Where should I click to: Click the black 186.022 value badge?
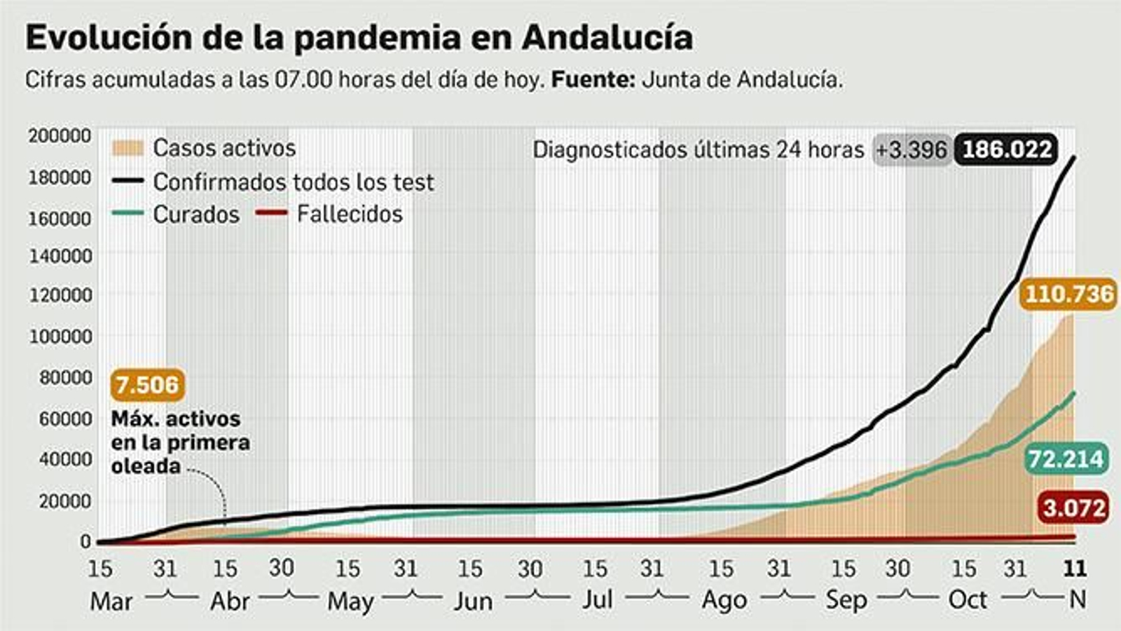[x=1006, y=149]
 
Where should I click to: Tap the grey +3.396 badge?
[x=911, y=150]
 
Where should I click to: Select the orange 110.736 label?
[x=1068, y=294]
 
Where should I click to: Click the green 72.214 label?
[x=1066, y=459]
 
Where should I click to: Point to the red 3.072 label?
[x=1073, y=508]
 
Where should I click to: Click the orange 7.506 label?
[x=147, y=385]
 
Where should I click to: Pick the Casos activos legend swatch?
[x=127, y=148]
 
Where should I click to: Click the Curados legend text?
[x=196, y=215]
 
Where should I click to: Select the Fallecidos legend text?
[x=349, y=214]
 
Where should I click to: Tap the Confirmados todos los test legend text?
[x=294, y=182]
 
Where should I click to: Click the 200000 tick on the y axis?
[x=60, y=135]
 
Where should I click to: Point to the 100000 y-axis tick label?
[x=60, y=337]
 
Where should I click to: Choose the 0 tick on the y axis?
[x=85, y=541]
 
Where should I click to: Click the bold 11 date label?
[x=1074, y=568]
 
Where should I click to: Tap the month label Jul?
[x=597, y=600]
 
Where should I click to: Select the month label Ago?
[x=724, y=601]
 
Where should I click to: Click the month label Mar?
[x=111, y=602]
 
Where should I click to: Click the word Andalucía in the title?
[x=607, y=38]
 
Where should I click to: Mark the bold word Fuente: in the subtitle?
[x=593, y=80]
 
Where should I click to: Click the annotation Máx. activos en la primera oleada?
[x=180, y=442]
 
